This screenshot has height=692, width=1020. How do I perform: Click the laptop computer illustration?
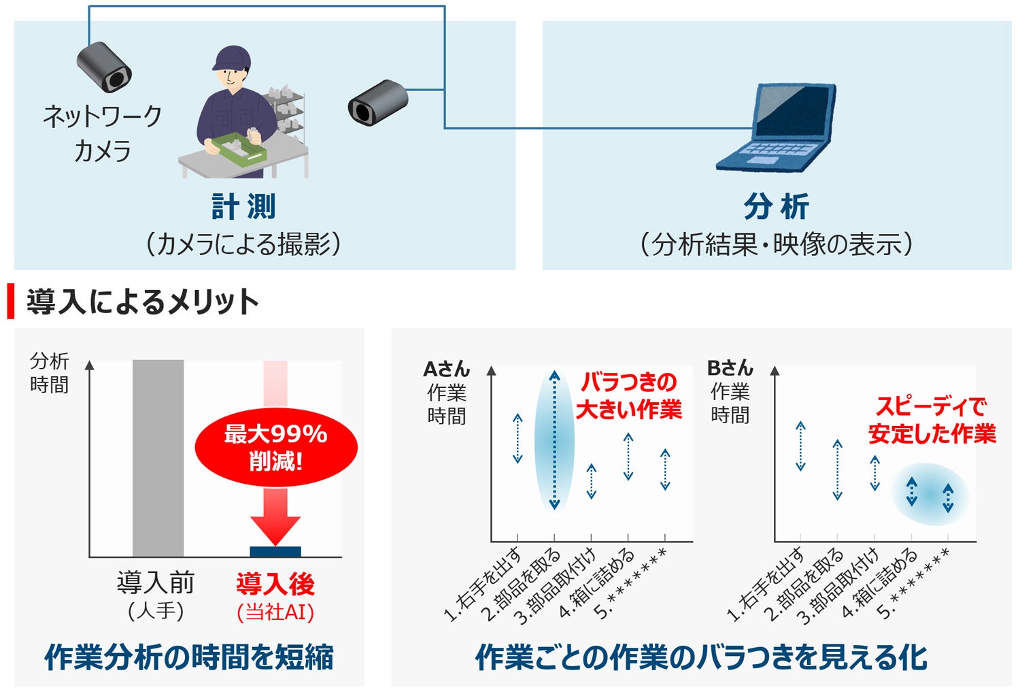click(x=777, y=127)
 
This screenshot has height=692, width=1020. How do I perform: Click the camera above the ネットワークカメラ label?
click(x=104, y=67)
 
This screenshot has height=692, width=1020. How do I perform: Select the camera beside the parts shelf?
click(x=377, y=103)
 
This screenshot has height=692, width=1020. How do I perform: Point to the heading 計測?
click(x=243, y=206)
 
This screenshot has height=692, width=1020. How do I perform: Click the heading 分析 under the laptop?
click(x=777, y=206)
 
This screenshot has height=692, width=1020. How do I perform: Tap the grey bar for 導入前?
click(x=158, y=458)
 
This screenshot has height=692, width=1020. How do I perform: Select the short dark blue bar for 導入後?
click(x=275, y=551)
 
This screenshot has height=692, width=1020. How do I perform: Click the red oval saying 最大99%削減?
click(x=276, y=447)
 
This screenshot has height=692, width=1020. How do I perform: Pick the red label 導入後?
click(x=275, y=584)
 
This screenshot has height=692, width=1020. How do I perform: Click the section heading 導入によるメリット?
click(x=143, y=301)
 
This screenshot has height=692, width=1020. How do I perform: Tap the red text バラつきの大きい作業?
click(x=629, y=395)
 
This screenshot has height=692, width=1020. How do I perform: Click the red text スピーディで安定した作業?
click(x=932, y=420)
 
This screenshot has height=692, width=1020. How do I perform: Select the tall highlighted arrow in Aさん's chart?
click(x=554, y=440)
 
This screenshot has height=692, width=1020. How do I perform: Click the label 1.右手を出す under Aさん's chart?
click(x=483, y=584)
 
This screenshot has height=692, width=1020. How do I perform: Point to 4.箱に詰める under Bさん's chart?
click(x=880, y=584)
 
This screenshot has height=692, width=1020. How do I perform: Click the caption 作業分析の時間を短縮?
click(x=189, y=657)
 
